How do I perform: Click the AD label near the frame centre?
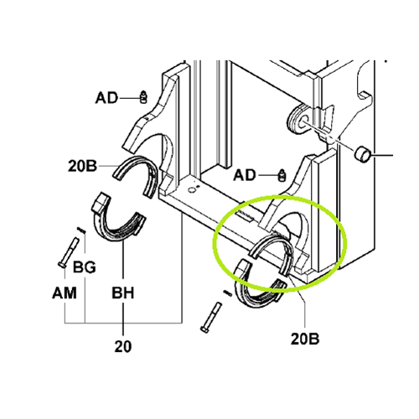pyautogui.click(x=246, y=175)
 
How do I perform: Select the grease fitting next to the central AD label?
pyautogui.click(x=282, y=174)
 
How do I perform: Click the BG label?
pyautogui.click(x=84, y=268)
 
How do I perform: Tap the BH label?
pyautogui.click(x=124, y=296)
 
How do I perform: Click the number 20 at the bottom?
pyautogui.click(x=122, y=344)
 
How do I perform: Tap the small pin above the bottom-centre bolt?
pyautogui.click(x=229, y=292)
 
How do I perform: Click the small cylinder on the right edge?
pyautogui.click(x=364, y=154)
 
